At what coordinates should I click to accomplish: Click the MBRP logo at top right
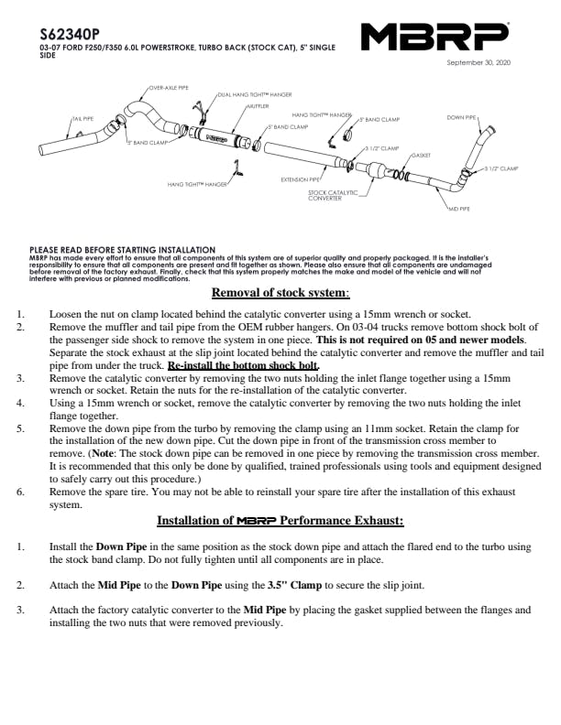[435, 38]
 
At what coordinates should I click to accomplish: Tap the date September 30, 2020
[477, 62]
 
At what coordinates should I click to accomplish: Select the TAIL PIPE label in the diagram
[82, 119]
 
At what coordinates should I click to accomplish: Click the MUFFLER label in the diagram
[256, 106]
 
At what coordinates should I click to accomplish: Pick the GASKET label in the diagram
[422, 156]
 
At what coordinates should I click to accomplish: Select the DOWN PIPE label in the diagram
[461, 118]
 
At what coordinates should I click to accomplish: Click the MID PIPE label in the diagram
[458, 210]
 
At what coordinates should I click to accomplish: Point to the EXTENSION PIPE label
[301, 179]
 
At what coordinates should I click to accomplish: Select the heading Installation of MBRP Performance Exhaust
[280, 521]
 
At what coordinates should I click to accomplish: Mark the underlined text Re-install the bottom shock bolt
[242, 364]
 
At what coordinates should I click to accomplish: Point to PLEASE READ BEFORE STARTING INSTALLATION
[122, 249]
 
